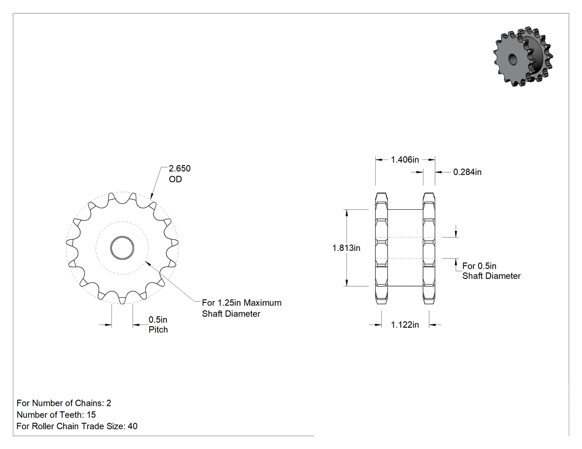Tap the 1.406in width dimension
(405, 160)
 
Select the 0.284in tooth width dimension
(467, 172)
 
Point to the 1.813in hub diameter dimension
(346, 247)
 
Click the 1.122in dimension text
(405, 325)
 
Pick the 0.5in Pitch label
(158, 324)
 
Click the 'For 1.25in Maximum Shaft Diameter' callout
(242, 308)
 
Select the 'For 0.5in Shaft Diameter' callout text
(492, 271)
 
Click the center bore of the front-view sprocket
(122, 247)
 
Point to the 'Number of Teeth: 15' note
(56, 415)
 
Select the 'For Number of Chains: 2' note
(64, 403)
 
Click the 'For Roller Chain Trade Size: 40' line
(77, 426)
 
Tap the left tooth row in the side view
(381, 248)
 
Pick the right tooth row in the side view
(429, 248)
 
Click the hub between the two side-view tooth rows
(405, 247)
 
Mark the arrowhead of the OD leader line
(151, 195)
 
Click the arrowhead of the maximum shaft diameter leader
(147, 262)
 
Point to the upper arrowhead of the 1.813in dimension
(346, 213)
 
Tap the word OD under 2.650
(175, 179)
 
